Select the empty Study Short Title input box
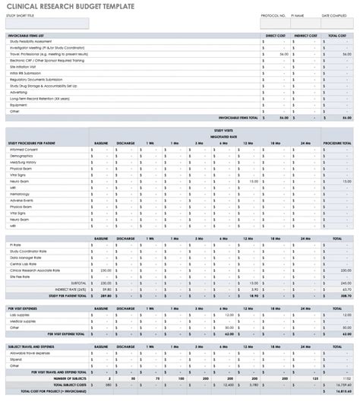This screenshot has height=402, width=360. coord(47,24)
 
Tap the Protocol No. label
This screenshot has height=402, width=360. coord(273,15)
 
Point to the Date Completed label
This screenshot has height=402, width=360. coord(334,15)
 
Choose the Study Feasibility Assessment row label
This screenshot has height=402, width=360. coord(32,42)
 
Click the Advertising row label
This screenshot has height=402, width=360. coord(21,92)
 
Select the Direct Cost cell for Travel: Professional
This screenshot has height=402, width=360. coord(276,55)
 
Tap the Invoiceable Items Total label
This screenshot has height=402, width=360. coord(238,118)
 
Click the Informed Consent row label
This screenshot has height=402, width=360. coord(24,150)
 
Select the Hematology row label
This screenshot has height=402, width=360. coord(21,194)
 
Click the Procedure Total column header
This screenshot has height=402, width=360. coord(336,143)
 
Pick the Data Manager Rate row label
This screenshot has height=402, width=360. coord(27,258)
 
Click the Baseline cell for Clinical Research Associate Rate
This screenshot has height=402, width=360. coord(101,270)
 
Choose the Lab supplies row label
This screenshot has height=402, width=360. coord(21,314)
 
